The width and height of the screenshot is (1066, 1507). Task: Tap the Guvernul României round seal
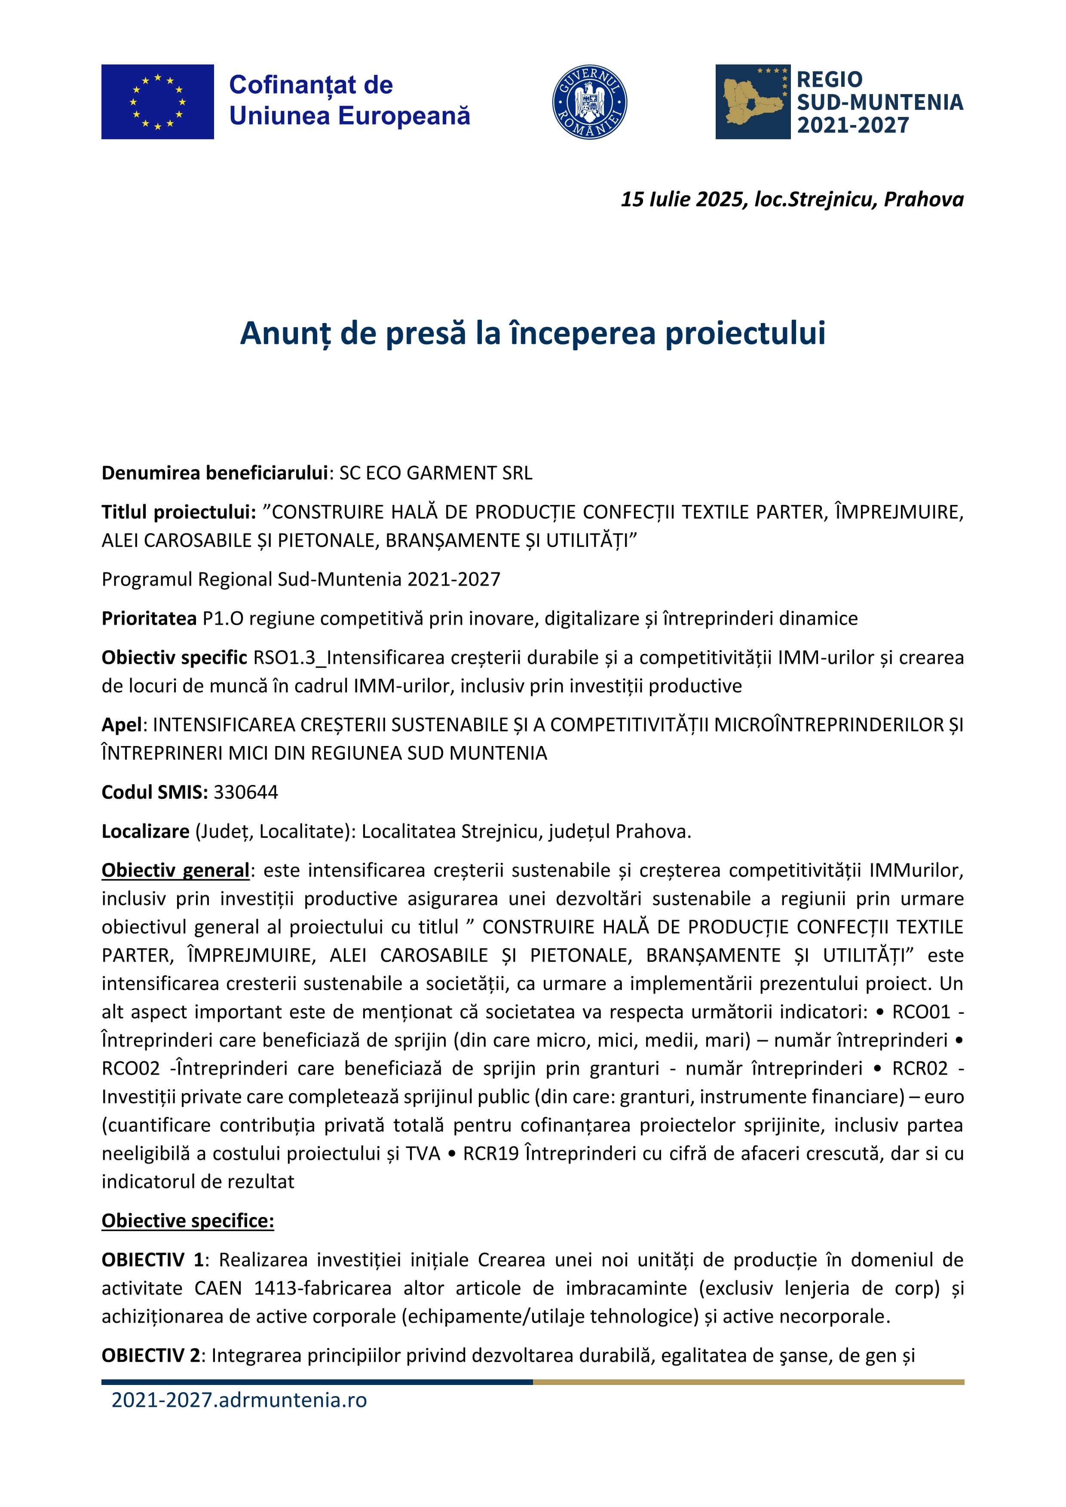(589, 102)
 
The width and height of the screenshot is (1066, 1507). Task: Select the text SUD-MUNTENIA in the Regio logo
(879, 102)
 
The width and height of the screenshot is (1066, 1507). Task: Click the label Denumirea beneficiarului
(214, 473)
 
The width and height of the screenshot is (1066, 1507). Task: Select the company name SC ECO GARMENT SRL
(435, 473)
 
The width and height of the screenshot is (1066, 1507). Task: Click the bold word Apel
(122, 724)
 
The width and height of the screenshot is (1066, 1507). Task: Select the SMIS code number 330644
(245, 792)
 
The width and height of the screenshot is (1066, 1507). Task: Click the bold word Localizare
(145, 831)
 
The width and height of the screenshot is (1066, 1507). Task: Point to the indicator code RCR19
(490, 1153)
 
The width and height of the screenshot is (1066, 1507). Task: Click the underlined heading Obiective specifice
(188, 1221)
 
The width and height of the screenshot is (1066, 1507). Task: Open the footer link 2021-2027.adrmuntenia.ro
(239, 1400)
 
